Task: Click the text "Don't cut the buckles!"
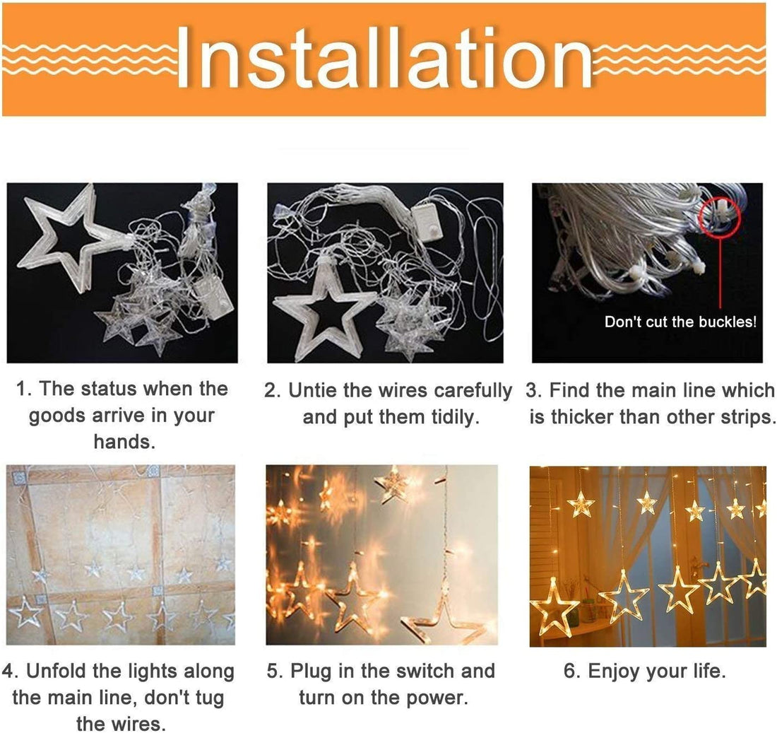click(680, 322)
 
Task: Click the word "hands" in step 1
click(121, 442)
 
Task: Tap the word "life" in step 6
click(707, 671)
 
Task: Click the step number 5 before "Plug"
click(273, 671)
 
